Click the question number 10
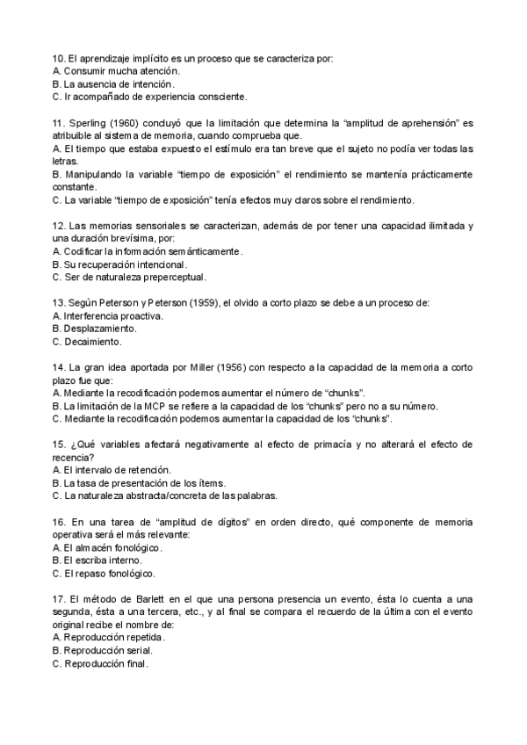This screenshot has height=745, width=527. (58, 58)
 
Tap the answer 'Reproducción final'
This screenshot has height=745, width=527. (100, 664)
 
